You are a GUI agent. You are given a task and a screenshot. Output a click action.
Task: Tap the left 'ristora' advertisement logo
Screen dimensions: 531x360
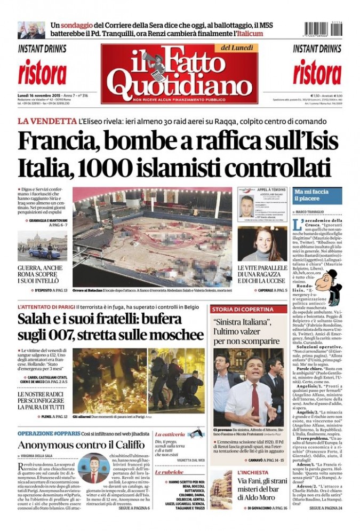(42, 73)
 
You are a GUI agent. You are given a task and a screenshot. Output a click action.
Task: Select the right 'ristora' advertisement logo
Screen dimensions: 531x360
(317, 73)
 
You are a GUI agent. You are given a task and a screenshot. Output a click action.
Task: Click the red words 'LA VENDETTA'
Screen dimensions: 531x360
(46, 121)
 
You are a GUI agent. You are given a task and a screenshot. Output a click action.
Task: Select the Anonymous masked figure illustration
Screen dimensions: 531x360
(94, 468)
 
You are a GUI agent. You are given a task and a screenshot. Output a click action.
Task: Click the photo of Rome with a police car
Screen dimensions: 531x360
(42, 244)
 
